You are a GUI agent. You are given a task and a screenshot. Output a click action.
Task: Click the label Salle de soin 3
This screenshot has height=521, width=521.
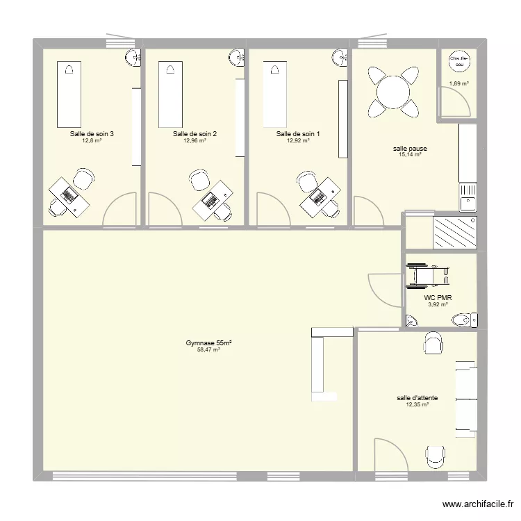[92, 134]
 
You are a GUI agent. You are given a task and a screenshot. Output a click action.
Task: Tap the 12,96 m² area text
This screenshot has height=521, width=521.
[195, 141]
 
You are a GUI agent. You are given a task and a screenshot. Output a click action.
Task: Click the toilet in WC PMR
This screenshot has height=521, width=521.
[464, 320]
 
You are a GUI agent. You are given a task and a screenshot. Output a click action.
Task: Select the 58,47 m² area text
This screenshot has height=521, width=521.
[208, 350]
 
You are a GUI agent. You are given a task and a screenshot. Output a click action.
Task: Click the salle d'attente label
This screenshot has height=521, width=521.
[417, 398]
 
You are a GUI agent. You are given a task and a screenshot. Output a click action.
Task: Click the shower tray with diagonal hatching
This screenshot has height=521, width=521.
[455, 232]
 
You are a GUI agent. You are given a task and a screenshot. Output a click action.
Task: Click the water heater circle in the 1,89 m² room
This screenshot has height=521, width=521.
[458, 63]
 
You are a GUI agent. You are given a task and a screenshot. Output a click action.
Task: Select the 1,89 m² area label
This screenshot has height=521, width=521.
[458, 84]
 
